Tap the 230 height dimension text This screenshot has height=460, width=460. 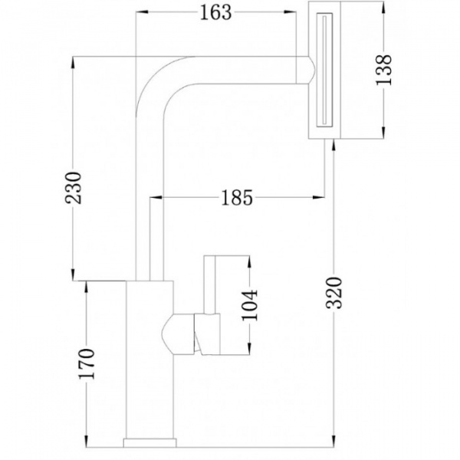click(x=74, y=187)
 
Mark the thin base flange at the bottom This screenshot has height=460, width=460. click(x=149, y=442)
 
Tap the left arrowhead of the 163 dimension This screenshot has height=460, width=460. click(x=140, y=11)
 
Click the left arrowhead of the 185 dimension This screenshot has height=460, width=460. click(x=153, y=198)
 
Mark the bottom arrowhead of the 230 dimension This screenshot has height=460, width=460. click(x=74, y=275)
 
